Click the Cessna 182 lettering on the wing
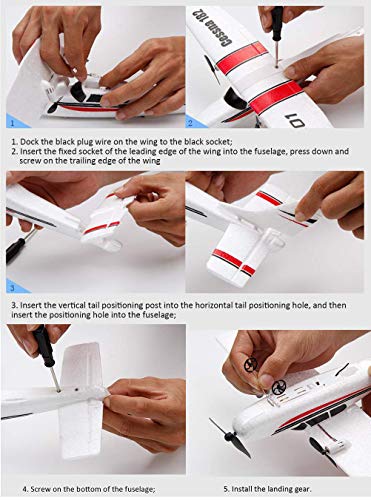(212, 27)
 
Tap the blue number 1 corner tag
(16, 121)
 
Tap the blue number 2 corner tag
(195, 121)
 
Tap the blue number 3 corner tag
(16, 287)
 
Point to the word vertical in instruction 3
(72, 305)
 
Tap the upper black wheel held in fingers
(251, 363)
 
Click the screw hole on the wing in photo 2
(277, 66)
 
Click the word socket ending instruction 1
(219, 141)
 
